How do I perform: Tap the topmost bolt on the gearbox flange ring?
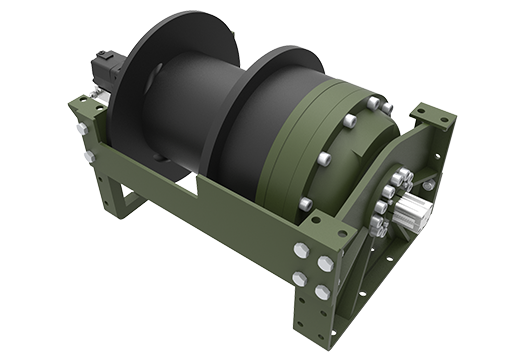click(x=373, y=103)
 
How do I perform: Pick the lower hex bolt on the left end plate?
click(x=89, y=156)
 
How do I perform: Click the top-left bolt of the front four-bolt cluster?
click(x=301, y=251)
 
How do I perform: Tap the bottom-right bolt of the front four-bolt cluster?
click(x=322, y=292)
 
